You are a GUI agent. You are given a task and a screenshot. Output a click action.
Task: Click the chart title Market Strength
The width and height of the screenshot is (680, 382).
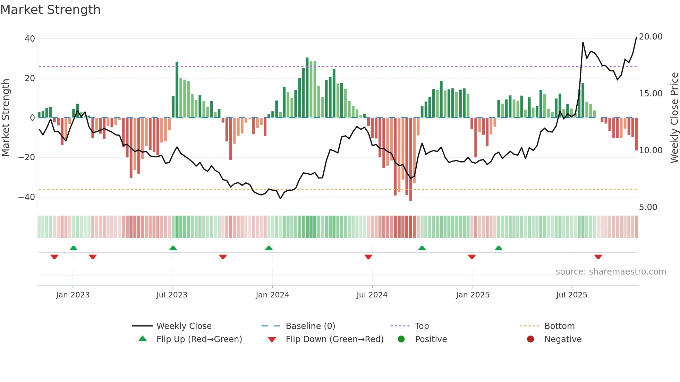coord(50,10)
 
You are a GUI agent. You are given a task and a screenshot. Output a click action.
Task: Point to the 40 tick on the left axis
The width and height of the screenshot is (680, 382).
coord(30,39)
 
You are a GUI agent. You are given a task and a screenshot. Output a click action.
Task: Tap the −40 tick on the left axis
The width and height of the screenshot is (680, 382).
coord(27,197)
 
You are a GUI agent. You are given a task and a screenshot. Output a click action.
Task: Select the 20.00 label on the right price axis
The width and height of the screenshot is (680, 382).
coord(651,37)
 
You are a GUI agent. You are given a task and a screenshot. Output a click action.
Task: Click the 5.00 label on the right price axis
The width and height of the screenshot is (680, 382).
coord(648,207)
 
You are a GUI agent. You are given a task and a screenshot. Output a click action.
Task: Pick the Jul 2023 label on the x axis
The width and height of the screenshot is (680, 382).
coord(172,295)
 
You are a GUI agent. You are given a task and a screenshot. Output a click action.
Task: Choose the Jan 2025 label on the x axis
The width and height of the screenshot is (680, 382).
coord(472,295)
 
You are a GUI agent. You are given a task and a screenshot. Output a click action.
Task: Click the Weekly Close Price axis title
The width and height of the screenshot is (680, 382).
coord(674,118)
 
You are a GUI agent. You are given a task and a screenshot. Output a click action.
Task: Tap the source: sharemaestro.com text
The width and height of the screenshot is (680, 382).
coord(611,272)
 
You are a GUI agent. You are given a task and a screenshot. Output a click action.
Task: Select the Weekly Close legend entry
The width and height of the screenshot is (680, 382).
coord(184,326)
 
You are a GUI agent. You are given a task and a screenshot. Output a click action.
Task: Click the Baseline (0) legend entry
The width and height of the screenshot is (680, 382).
coord(310,326)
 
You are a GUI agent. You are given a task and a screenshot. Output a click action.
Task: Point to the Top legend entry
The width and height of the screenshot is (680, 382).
coord(422,326)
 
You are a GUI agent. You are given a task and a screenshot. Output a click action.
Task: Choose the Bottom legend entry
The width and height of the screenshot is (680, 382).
coord(559,326)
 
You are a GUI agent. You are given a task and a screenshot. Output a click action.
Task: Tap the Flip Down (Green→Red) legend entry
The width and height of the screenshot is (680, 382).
coord(334,339)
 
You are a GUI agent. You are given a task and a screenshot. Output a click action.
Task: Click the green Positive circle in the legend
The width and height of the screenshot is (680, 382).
coord(401,339)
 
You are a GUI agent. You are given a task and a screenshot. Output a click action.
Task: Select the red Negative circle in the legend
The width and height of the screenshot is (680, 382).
coord(530,339)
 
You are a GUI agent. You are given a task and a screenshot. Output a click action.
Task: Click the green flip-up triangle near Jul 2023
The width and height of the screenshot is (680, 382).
coord(173,248)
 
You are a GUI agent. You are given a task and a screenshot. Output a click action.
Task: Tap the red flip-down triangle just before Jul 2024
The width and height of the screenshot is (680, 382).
coord(368,257)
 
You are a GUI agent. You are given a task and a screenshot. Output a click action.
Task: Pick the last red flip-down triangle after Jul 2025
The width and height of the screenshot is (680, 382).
coord(598,257)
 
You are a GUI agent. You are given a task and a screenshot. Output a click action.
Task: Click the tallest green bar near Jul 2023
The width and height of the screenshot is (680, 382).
coord(177,90)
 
